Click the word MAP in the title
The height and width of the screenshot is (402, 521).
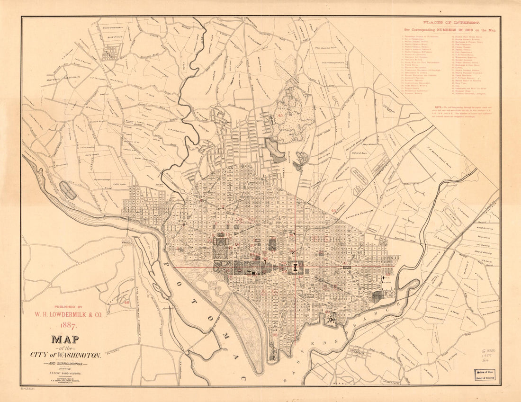(x=65, y=340)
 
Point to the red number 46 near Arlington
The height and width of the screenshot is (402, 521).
(x=127, y=302)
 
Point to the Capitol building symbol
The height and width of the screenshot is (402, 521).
(x=295, y=268)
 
